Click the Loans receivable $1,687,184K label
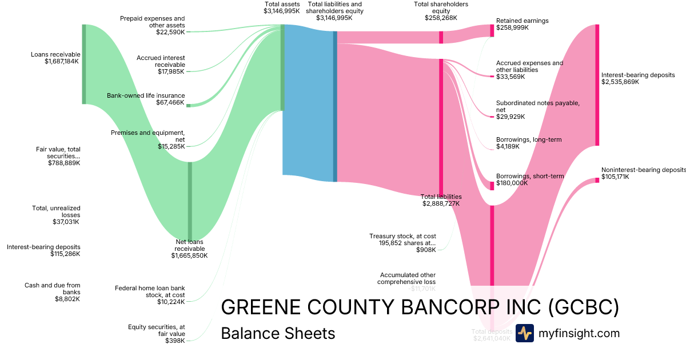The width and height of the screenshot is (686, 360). [55, 58]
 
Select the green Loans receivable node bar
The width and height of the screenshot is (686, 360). [84, 64]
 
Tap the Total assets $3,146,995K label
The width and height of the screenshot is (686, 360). [281, 7]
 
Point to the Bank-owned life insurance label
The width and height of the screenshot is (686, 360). [146, 99]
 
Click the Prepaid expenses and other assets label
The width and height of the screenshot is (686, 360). [152, 25]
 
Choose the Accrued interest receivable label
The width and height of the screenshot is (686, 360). [161, 65]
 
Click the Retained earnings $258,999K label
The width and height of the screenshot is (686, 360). [522, 24]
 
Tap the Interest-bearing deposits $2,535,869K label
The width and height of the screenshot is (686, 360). [630, 78]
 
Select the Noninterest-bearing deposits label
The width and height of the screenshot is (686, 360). [643, 173]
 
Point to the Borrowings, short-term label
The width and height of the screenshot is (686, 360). [530, 179]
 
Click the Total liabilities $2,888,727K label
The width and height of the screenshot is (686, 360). [441, 200]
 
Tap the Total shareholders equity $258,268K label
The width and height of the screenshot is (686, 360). [441, 11]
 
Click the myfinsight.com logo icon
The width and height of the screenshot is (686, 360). [524, 333]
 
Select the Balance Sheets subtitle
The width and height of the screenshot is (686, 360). [278, 333]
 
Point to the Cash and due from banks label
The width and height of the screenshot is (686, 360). [52, 291]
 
